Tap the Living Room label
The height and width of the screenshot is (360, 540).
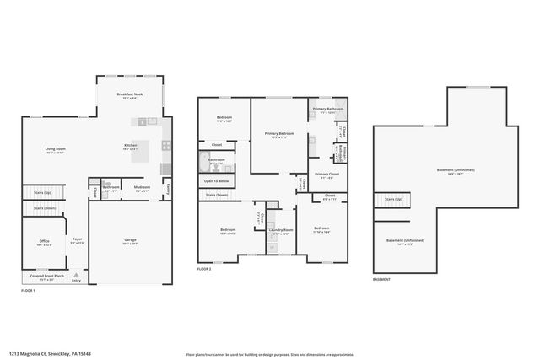56,150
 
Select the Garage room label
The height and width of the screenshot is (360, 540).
130,241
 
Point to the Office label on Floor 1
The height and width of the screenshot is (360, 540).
45,243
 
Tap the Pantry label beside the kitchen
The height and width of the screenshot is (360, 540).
169,187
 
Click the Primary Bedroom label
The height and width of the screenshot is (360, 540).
278,134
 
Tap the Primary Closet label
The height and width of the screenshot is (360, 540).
327,175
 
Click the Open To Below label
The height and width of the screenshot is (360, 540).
216,181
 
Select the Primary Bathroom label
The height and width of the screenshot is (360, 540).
327,110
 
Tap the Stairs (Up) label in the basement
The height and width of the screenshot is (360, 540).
393,200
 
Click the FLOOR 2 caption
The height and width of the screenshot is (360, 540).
204,269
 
